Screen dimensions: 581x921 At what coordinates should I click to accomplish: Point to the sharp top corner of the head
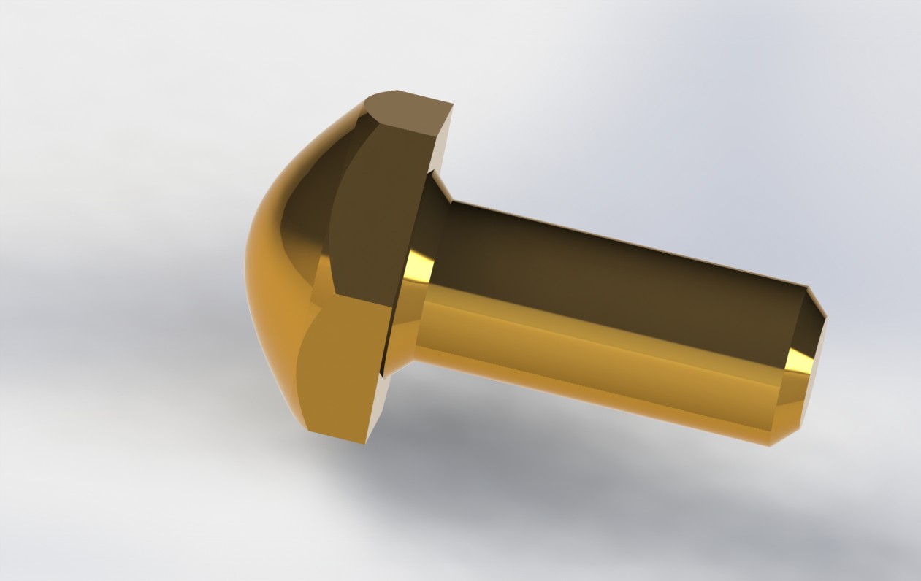[x=452, y=105]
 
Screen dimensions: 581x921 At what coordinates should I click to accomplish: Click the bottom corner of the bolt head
[x=363, y=442]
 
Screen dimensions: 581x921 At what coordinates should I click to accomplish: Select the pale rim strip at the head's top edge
[x=443, y=146]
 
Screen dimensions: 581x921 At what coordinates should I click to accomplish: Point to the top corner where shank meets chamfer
[x=808, y=287]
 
